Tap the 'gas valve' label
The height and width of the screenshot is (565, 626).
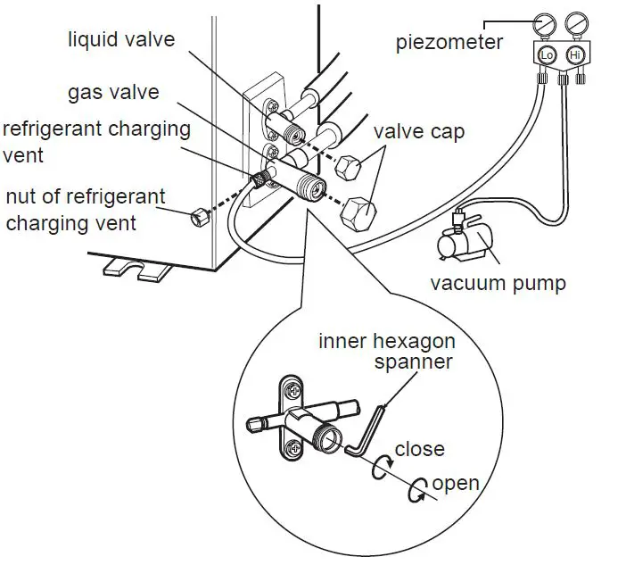click(113, 93)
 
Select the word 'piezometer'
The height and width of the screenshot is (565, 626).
click(450, 42)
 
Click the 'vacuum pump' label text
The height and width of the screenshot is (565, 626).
click(498, 284)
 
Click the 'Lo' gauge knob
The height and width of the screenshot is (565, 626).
click(547, 55)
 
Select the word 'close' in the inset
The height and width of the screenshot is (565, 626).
click(419, 448)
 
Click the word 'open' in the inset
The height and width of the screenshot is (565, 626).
click(456, 484)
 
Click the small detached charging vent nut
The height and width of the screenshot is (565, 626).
click(198, 215)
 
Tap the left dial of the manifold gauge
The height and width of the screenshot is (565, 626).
click(547, 21)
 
